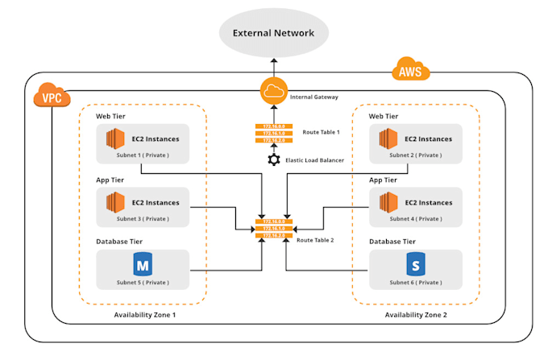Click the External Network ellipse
pyautogui.click(x=274, y=33)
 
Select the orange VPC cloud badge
pyautogui.click(x=52, y=97)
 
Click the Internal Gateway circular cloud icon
pyautogui.click(x=274, y=91)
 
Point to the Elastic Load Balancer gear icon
pyautogui.click(x=274, y=160)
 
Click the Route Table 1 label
pyautogui.click(x=320, y=132)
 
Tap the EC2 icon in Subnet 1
pyautogui.click(x=117, y=142)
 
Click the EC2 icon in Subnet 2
pyautogui.click(x=390, y=142)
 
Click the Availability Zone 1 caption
pyautogui.click(x=144, y=314)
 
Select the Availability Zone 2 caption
pyautogui.click(x=417, y=314)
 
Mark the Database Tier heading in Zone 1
pyautogui.click(x=120, y=241)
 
